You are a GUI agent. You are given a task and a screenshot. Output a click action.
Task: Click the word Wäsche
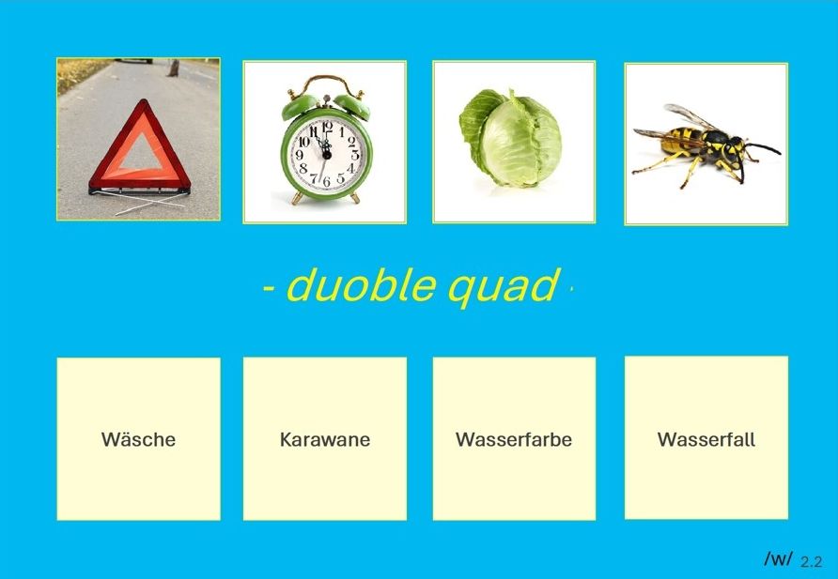tap(138, 439)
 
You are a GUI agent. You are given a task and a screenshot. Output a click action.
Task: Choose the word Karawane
tap(325, 439)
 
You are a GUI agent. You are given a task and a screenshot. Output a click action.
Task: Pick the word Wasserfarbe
tap(514, 439)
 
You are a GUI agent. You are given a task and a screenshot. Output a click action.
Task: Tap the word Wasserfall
tap(706, 439)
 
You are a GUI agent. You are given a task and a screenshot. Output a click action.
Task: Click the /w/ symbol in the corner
tap(778, 558)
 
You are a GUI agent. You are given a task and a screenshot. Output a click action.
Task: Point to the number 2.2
tap(812, 561)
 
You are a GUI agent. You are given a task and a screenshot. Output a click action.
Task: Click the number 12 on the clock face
tap(327, 127)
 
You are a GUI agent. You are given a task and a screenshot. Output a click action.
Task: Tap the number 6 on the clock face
tap(326, 182)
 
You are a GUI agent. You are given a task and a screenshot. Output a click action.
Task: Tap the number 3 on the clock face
tap(355, 155)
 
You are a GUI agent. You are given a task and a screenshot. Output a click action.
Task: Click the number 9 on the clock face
tap(299, 155)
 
